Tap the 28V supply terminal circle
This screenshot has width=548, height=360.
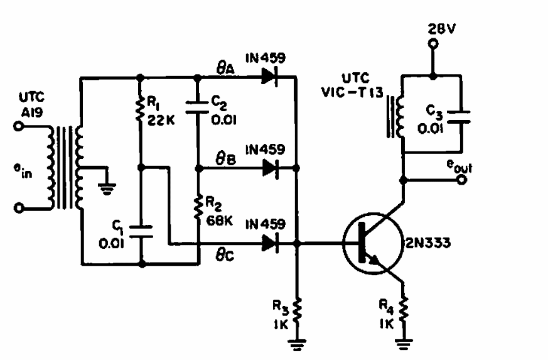433,44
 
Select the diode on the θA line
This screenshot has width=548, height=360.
270,77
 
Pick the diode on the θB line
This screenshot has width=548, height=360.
271,168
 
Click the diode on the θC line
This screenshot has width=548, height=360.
270,243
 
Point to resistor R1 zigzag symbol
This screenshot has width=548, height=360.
140,110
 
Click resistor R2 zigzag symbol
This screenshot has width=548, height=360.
198,208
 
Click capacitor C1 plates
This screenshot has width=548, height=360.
141,232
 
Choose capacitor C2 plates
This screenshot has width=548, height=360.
197,107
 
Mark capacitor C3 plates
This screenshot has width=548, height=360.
458,117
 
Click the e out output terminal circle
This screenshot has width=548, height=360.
462,180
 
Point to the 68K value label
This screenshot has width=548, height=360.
220,221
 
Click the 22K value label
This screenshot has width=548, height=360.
161,121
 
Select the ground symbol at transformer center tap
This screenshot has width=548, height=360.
107,189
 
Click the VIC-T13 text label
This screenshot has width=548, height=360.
352,92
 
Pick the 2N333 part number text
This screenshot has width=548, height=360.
427,243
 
